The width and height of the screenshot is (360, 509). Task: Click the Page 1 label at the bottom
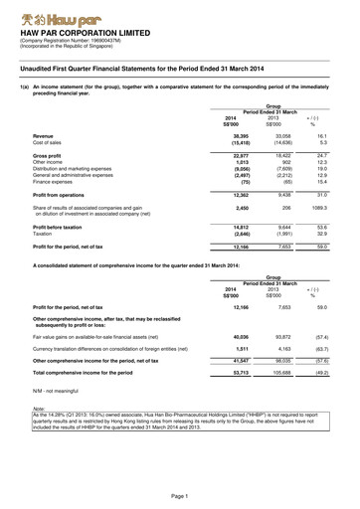tap(179, 495)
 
